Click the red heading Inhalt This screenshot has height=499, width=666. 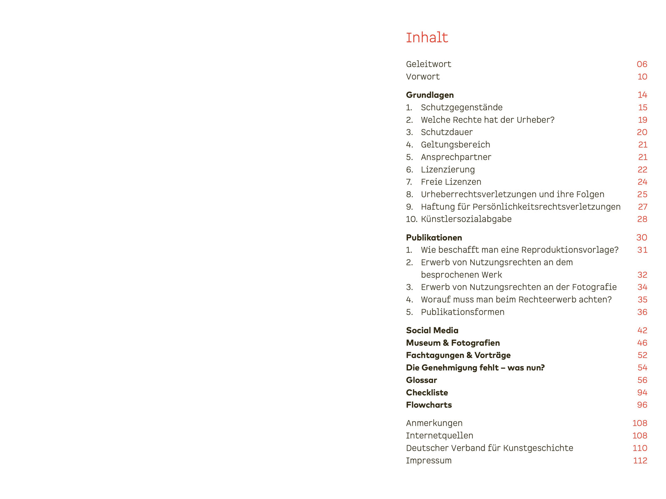pos(427,38)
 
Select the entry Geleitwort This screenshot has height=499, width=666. pos(428,64)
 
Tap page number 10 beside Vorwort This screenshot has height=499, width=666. pos(642,77)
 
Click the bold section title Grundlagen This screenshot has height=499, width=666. pos(430,95)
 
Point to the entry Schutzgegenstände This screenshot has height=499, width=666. pos(461,107)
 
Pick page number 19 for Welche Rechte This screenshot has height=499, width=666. pos(642,120)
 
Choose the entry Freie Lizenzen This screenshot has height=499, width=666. pos(451,182)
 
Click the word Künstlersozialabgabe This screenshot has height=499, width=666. pos(466,219)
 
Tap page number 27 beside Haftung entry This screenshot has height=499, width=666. pos(642,207)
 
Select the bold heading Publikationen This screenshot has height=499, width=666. pos(434,237)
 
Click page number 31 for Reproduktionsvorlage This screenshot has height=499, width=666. pos(642,250)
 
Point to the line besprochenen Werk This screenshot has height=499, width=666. pos(461,275)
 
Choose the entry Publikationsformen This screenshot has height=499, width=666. pos(462,312)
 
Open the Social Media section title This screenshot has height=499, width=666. pos(432,331)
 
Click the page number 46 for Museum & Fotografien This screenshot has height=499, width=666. pos(642,343)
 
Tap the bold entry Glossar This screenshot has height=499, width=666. pos(421,380)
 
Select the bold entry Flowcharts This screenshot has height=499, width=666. pos(429,405)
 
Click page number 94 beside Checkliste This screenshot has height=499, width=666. pos(642,393)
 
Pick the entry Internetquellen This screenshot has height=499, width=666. pos(440,435)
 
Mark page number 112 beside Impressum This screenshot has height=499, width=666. pos(640,460)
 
